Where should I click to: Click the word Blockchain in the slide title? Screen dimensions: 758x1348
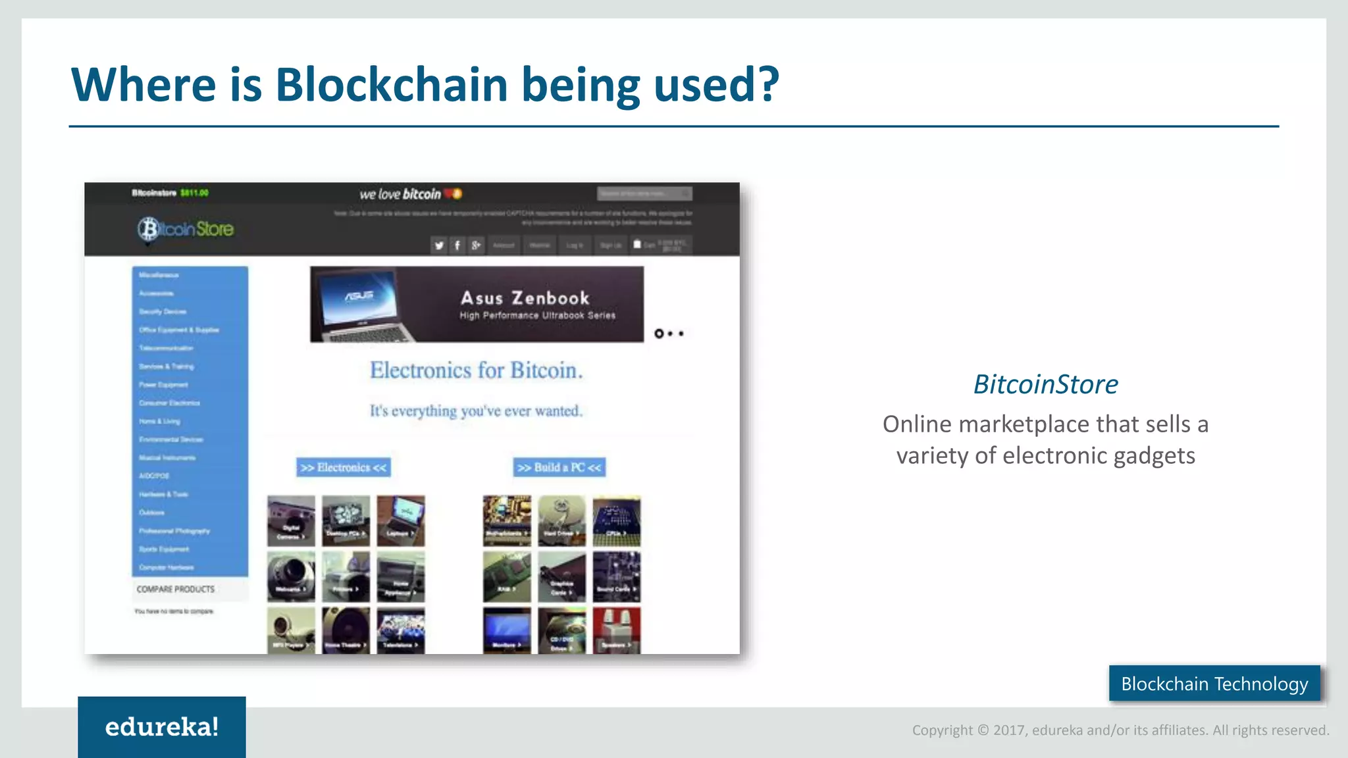pos(391,85)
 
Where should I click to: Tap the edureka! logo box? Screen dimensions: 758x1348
pos(162,726)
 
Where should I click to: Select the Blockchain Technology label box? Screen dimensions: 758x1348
pos(1214,684)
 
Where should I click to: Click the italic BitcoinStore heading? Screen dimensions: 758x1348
pos(1045,384)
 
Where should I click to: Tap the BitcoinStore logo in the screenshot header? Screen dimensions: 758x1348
pos(186,229)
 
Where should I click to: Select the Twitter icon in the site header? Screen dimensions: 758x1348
pos(439,245)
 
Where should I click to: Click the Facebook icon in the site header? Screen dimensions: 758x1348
pos(457,245)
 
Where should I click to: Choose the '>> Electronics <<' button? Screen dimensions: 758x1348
pos(343,467)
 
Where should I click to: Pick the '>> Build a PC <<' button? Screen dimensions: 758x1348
pos(559,467)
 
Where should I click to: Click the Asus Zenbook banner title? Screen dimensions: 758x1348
pos(525,298)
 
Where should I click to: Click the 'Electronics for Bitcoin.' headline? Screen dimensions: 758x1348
pos(476,370)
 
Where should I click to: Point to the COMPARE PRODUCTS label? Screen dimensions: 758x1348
pos(175,589)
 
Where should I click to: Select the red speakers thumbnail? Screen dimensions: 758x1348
pos(616,630)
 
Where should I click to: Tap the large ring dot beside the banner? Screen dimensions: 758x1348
pos(659,334)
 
